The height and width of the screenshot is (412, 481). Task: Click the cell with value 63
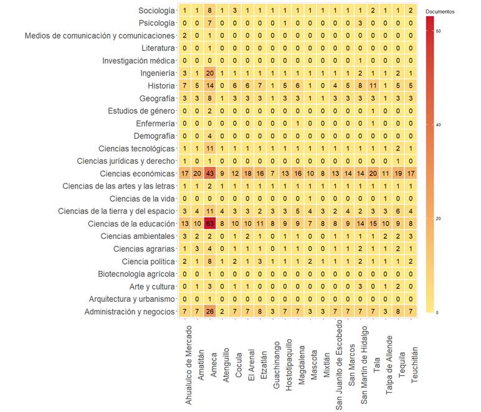(210, 224)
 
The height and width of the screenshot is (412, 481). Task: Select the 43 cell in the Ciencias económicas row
(210, 173)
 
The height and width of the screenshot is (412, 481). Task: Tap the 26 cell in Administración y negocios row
(210, 311)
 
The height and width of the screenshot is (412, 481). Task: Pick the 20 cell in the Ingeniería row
(210, 73)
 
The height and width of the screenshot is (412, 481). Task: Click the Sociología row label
(157, 11)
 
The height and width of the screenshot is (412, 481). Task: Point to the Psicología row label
(158, 23)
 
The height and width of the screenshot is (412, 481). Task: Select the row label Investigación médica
(139, 60)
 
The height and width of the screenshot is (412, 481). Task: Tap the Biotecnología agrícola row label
(136, 274)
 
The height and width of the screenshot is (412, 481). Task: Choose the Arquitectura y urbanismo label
(132, 299)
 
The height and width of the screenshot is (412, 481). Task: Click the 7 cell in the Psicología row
(210, 23)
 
